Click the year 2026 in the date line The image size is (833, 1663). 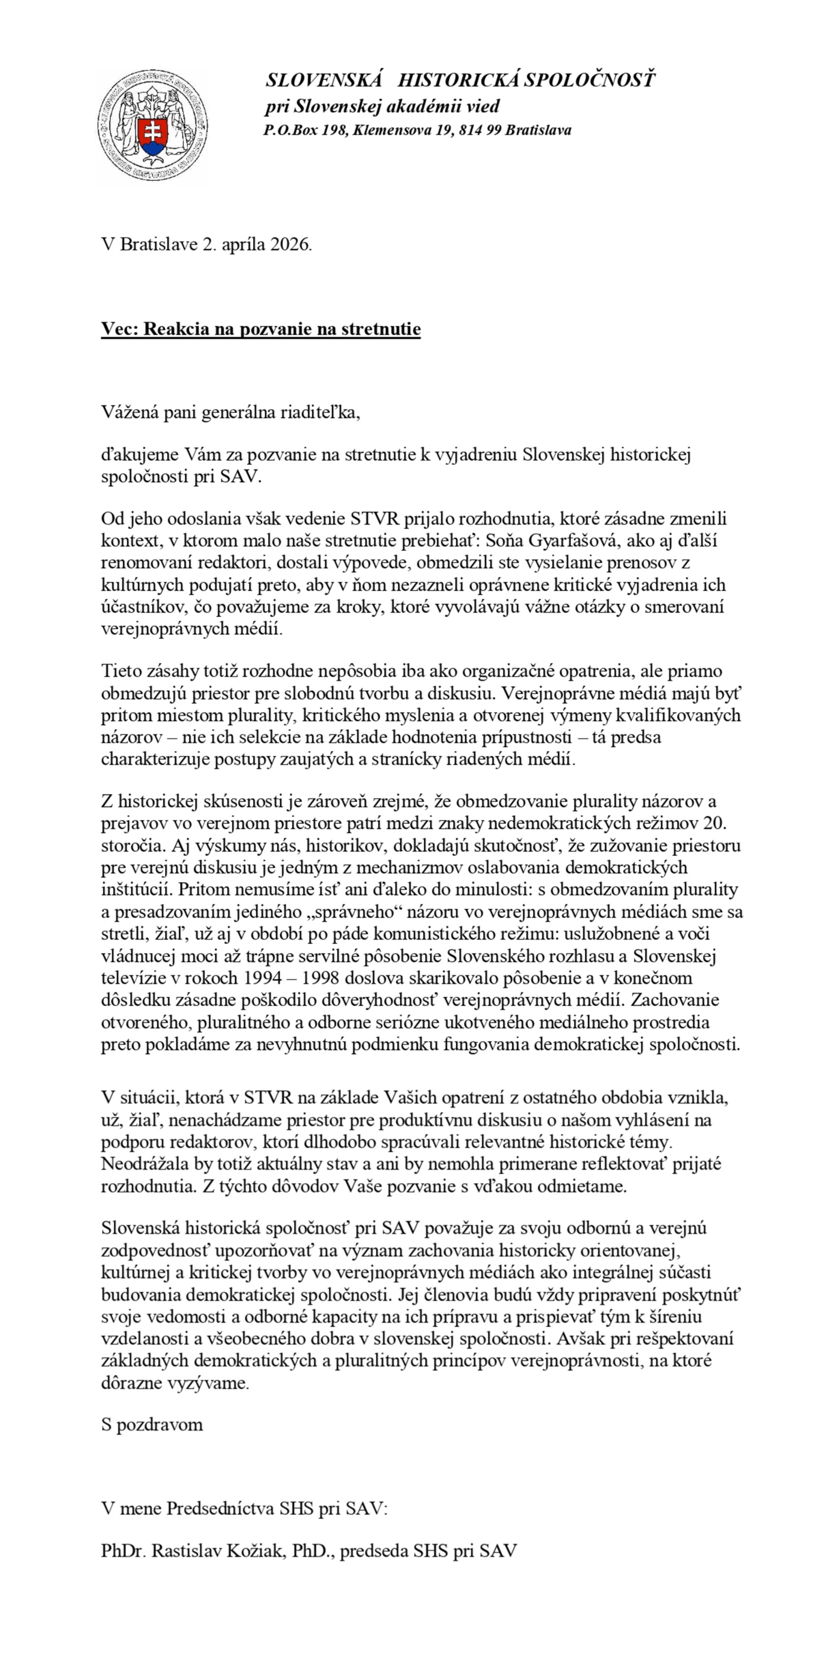coord(291,245)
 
